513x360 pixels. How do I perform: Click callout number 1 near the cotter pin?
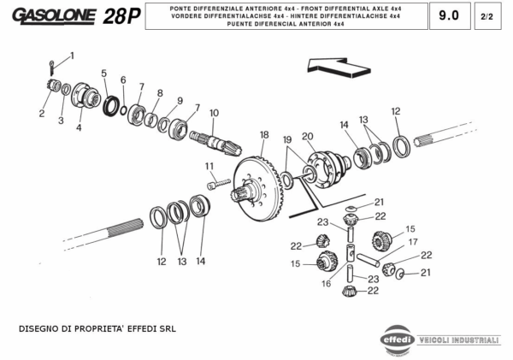[72, 56]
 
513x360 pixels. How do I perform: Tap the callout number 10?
[214, 112]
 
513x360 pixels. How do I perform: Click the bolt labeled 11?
[219, 182]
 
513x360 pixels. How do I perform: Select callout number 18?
[264, 134]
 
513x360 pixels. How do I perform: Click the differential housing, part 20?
[327, 164]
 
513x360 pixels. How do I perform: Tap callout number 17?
[412, 242]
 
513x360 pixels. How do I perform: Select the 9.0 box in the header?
[448, 15]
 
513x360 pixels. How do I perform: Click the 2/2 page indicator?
[487, 16]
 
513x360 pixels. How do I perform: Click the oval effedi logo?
[397, 336]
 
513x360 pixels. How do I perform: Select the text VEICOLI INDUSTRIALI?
[459, 339]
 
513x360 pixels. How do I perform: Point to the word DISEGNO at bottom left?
[40, 328]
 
